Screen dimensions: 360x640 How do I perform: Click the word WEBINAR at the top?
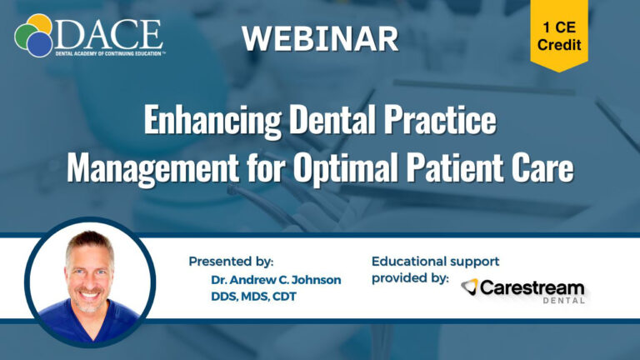click(x=320, y=37)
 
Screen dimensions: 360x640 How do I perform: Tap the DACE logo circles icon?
click(x=33, y=36)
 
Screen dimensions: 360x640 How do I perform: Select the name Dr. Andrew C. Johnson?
click(x=277, y=280)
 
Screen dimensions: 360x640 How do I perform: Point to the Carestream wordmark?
click(x=533, y=287)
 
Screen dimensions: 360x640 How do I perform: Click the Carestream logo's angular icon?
click(x=470, y=287)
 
